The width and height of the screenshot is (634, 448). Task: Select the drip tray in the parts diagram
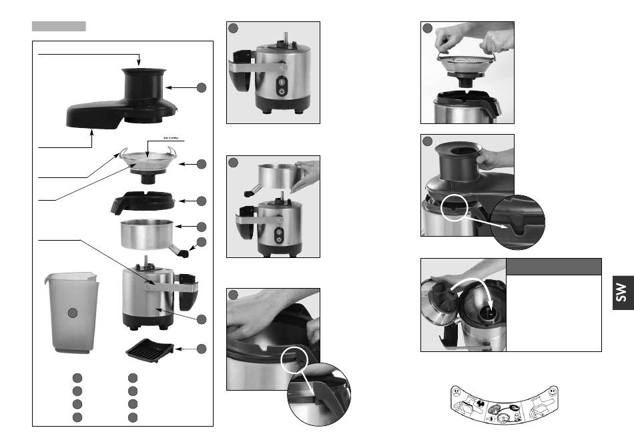147,348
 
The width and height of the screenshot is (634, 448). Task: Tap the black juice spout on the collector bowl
186,251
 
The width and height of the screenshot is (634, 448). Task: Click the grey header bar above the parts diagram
59,26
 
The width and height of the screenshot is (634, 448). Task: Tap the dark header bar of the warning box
554,267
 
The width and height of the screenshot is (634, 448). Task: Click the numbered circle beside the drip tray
201,349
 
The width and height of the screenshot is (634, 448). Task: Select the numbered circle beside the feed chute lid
201,87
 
